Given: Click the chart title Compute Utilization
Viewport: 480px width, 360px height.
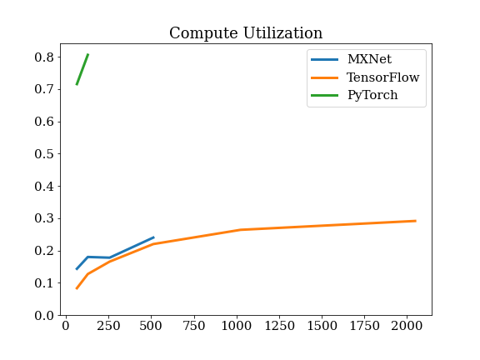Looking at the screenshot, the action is [246, 32].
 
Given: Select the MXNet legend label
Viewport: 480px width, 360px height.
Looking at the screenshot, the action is [369, 59].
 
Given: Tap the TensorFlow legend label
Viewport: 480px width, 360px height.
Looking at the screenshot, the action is [382, 77].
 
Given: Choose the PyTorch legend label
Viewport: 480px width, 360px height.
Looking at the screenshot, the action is [372, 95].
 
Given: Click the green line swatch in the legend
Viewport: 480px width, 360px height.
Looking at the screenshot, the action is [324, 96].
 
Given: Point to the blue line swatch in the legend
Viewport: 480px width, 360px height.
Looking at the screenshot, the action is [324, 59].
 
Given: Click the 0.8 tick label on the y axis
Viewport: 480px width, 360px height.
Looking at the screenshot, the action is [44, 57].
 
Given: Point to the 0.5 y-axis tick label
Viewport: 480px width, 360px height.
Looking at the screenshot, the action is [44, 154].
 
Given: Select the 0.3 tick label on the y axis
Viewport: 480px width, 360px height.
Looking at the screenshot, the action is [44, 218].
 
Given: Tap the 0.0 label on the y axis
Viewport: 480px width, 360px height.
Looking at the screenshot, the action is [44, 315].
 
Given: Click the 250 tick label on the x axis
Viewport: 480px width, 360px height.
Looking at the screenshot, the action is [108, 326].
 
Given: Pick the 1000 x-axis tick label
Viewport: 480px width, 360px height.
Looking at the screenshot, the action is [237, 326].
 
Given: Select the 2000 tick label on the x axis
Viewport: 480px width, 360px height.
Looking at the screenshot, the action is [407, 326].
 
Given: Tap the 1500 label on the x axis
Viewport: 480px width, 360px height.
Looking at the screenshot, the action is [322, 326].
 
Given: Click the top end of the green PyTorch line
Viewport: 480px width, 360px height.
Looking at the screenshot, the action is [88, 54].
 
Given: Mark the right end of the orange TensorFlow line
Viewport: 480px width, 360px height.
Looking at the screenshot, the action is [416, 221].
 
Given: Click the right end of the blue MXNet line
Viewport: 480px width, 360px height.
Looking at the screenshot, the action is [153, 237].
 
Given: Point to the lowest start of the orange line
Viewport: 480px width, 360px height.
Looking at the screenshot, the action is [77, 288].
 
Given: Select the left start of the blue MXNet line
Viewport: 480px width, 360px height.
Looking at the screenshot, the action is [77, 269].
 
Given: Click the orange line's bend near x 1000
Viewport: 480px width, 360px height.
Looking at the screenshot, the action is [241, 230].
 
